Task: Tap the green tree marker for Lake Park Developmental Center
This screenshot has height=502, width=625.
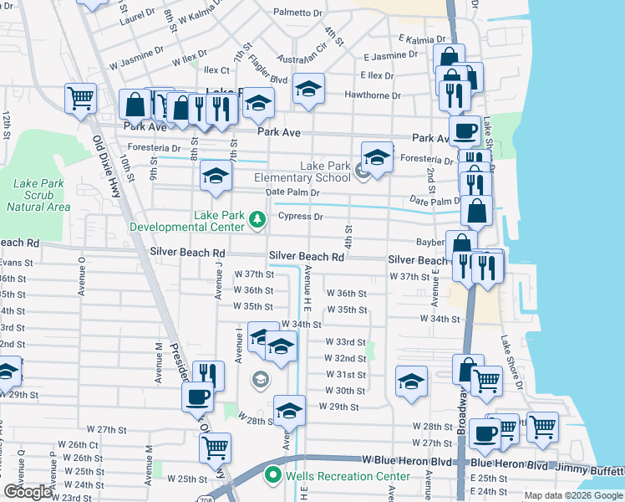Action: (x=257, y=220)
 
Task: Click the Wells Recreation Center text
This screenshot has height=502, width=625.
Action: (x=348, y=476)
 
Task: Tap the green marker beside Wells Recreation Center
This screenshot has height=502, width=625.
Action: (x=272, y=476)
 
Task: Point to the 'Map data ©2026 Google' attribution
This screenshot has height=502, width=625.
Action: (x=573, y=495)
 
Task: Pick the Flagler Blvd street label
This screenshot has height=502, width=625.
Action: (x=267, y=81)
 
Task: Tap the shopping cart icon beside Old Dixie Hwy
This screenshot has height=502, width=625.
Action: (x=80, y=98)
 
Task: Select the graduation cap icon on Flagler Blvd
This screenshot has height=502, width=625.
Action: (x=308, y=89)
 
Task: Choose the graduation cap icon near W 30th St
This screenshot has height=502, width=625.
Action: (x=411, y=381)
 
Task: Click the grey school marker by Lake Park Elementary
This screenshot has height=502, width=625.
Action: (x=362, y=172)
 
